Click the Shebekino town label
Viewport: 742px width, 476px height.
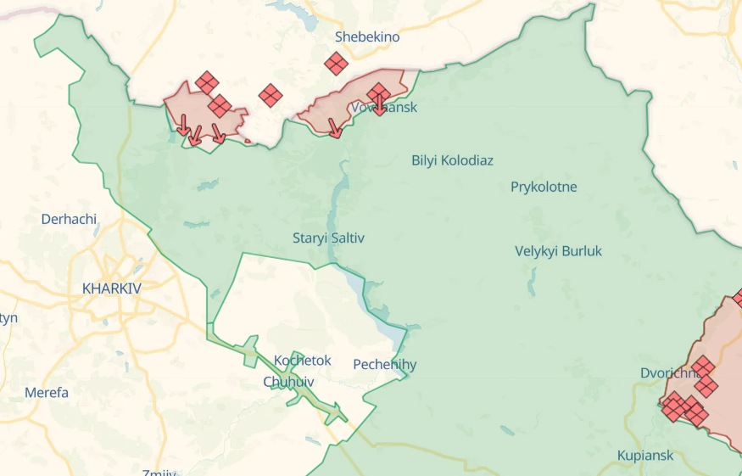pyautogui.click(x=367, y=36)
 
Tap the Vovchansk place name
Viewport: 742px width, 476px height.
pyautogui.click(x=384, y=108)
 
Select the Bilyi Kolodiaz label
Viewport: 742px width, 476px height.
pyautogui.click(x=452, y=160)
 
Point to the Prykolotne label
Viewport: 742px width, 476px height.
pyautogui.click(x=544, y=187)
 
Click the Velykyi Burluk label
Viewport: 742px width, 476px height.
pyautogui.click(x=558, y=251)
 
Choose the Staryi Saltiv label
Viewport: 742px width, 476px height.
pyautogui.click(x=328, y=238)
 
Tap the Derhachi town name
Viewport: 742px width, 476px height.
pyautogui.click(x=70, y=219)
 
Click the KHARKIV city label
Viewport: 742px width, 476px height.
pyautogui.click(x=112, y=288)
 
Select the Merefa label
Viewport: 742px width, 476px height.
pyautogui.click(x=47, y=393)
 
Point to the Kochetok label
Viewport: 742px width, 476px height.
pyautogui.click(x=303, y=361)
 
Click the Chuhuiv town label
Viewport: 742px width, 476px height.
pyautogui.click(x=289, y=382)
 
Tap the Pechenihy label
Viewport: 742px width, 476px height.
pyautogui.click(x=385, y=365)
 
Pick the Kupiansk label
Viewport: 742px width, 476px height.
pyautogui.click(x=645, y=456)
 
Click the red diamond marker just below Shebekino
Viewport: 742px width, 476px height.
pyautogui.click(x=336, y=63)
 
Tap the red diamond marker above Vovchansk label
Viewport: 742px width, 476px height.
pyautogui.click(x=378, y=92)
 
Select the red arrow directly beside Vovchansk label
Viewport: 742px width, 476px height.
pyautogui.click(x=380, y=106)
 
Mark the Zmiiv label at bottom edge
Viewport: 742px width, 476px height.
pyautogui.click(x=159, y=473)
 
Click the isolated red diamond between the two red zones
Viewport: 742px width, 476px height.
pyautogui.click(x=271, y=95)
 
